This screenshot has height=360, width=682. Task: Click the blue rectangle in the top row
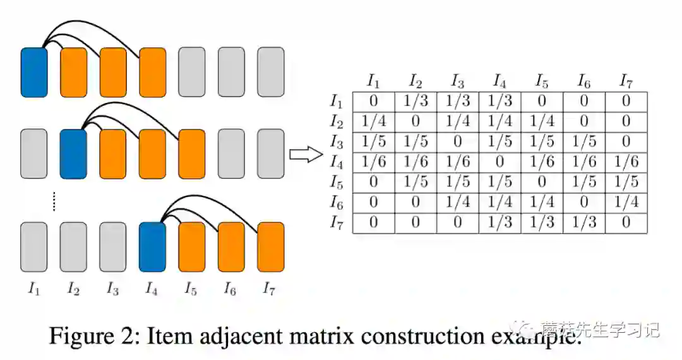pyautogui.click(x=34, y=72)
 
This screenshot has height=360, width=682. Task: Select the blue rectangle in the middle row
pyautogui.click(x=73, y=154)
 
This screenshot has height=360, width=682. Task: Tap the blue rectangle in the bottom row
pyautogui.click(x=152, y=247)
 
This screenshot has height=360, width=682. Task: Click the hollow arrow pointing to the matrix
pyautogui.click(x=306, y=155)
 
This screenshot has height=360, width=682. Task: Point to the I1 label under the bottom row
pyautogui.click(x=34, y=289)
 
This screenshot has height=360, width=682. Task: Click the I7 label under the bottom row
pyautogui.click(x=270, y=289)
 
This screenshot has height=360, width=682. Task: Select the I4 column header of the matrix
pyautogui.click(x=500, y=81)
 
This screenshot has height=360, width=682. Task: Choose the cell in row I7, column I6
pyautogui.click(x=583, y=223)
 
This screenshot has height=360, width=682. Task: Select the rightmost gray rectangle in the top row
pyautogui.click(x=270, y=72)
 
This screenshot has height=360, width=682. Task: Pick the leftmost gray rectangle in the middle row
pyautogui.click(x=34, y=154)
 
